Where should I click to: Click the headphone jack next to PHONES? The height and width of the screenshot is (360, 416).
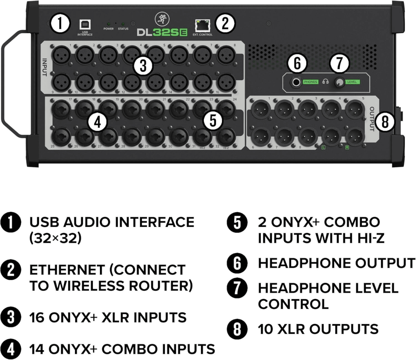(296, 82)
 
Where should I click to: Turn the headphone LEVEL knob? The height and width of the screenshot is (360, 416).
(340, 82)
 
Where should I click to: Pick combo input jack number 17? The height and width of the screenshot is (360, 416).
(62, 108)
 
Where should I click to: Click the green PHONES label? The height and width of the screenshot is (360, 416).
(310, 82)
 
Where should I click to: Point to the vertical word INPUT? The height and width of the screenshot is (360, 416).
(45, 67)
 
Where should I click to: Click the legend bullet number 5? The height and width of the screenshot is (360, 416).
(237, 222)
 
